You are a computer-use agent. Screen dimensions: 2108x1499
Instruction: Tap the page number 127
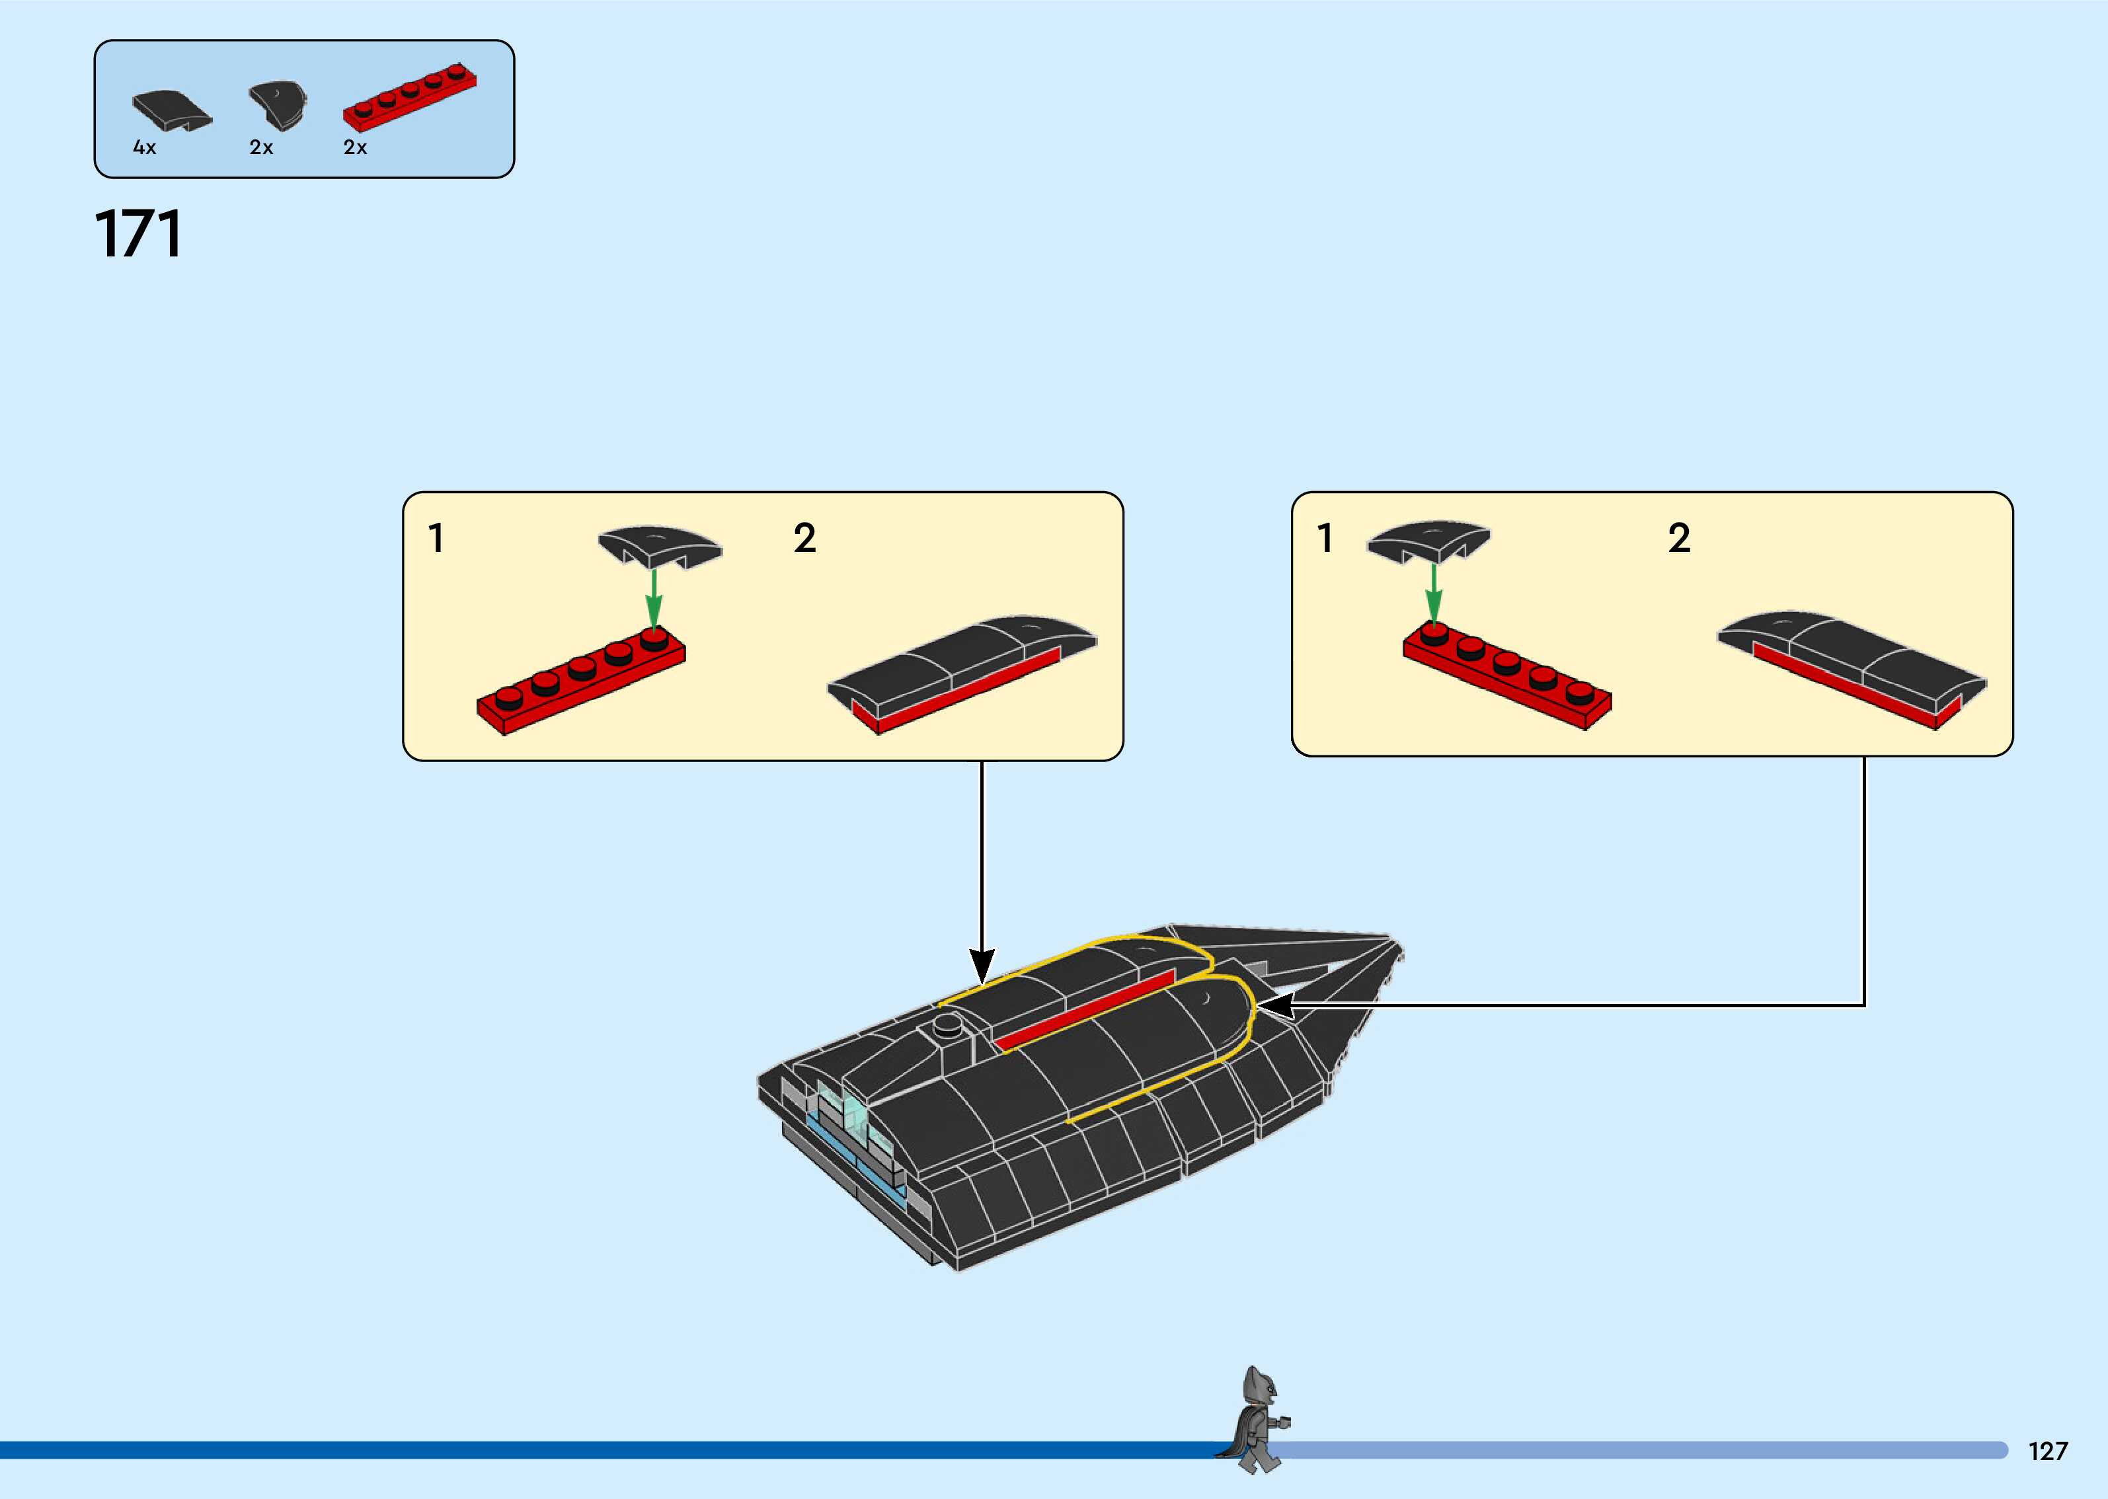pyautogui.click(x=2047, y=1451)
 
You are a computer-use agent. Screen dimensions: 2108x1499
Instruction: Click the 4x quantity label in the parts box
pyautogui.click(x=145, y=147)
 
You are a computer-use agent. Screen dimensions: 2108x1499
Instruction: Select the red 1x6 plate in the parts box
pyautogui.click(x=409, y=98)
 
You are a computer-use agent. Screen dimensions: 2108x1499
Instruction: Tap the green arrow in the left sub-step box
pyautogui.click(x=654, y=597)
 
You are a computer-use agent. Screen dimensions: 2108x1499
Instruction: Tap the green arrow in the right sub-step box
pyautogui.click(x=1433, y=593)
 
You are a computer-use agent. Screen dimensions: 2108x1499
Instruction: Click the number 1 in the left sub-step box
pyautogui.click(x=436, y=538)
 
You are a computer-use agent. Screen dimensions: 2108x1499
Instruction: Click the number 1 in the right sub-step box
pyautogui.click(x=1325, y=538)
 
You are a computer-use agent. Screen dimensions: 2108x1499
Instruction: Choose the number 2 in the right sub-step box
pyautogui.click(x=1679, y=538)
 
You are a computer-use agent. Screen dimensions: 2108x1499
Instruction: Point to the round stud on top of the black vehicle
pyautogui.click(x=949, y=1024)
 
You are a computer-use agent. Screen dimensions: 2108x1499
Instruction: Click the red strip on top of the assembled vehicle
pyautogui.click(x=1085, y=1010)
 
